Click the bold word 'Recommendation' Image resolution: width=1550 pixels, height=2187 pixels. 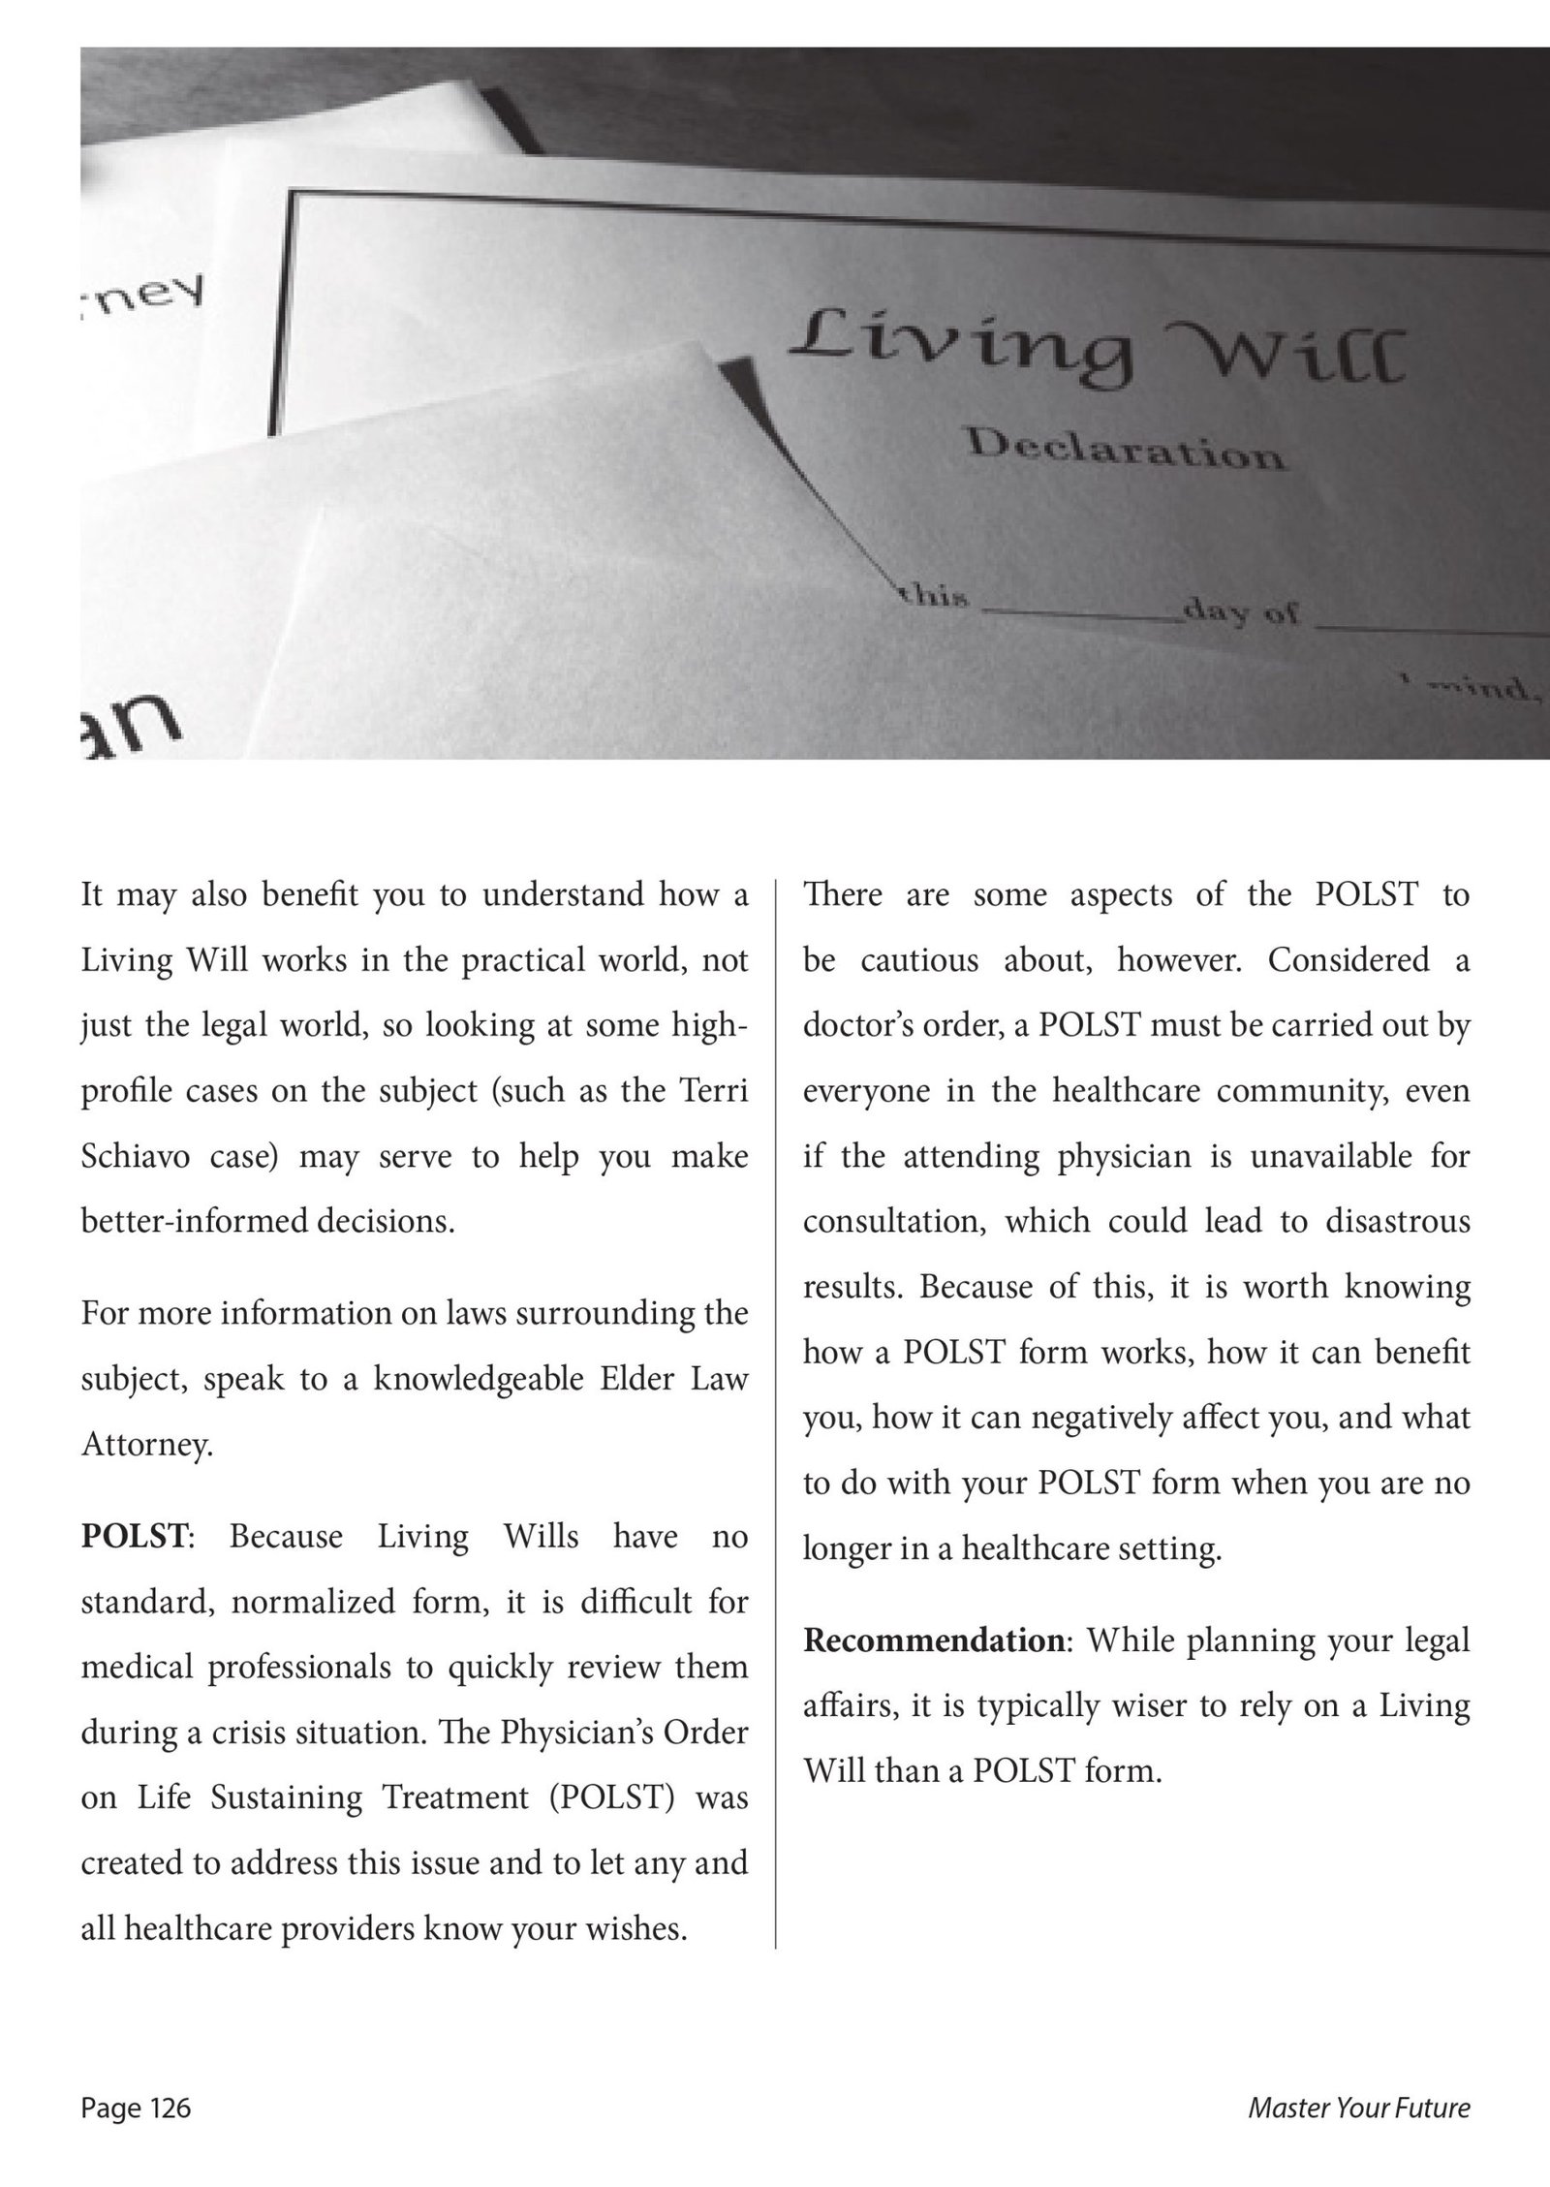pyautogui.click(x=934, y=1640)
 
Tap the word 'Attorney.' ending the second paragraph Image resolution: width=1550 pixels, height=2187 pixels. pyautogui.click(x=146, y=1445)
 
